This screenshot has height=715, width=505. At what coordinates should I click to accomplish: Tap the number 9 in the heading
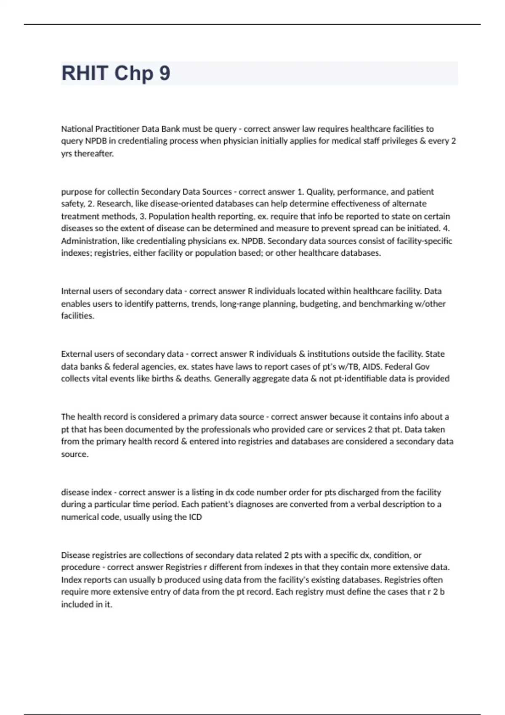coord(165,73)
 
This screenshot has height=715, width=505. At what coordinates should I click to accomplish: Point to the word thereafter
coord(94,154)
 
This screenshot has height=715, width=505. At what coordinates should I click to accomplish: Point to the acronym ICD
coord(195,517)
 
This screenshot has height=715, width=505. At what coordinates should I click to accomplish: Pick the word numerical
coord(80,517)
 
